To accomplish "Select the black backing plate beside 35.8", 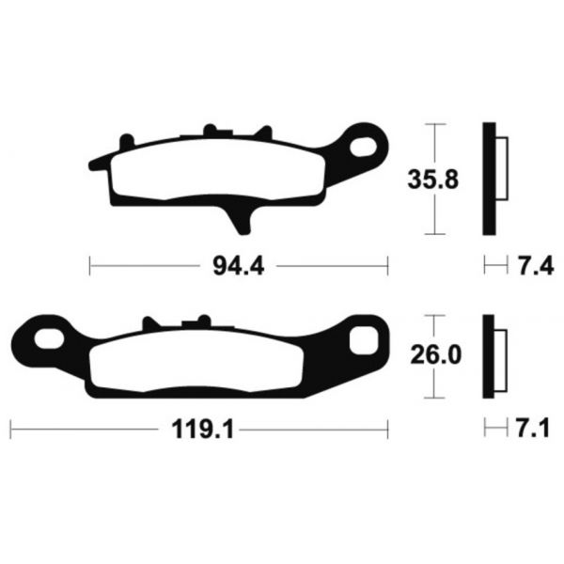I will click(x=489, y=179).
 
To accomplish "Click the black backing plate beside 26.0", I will click(x=489, y=357).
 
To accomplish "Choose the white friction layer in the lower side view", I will click(x=500, y=358).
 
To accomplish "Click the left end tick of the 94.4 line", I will click(x=90, y=267).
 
